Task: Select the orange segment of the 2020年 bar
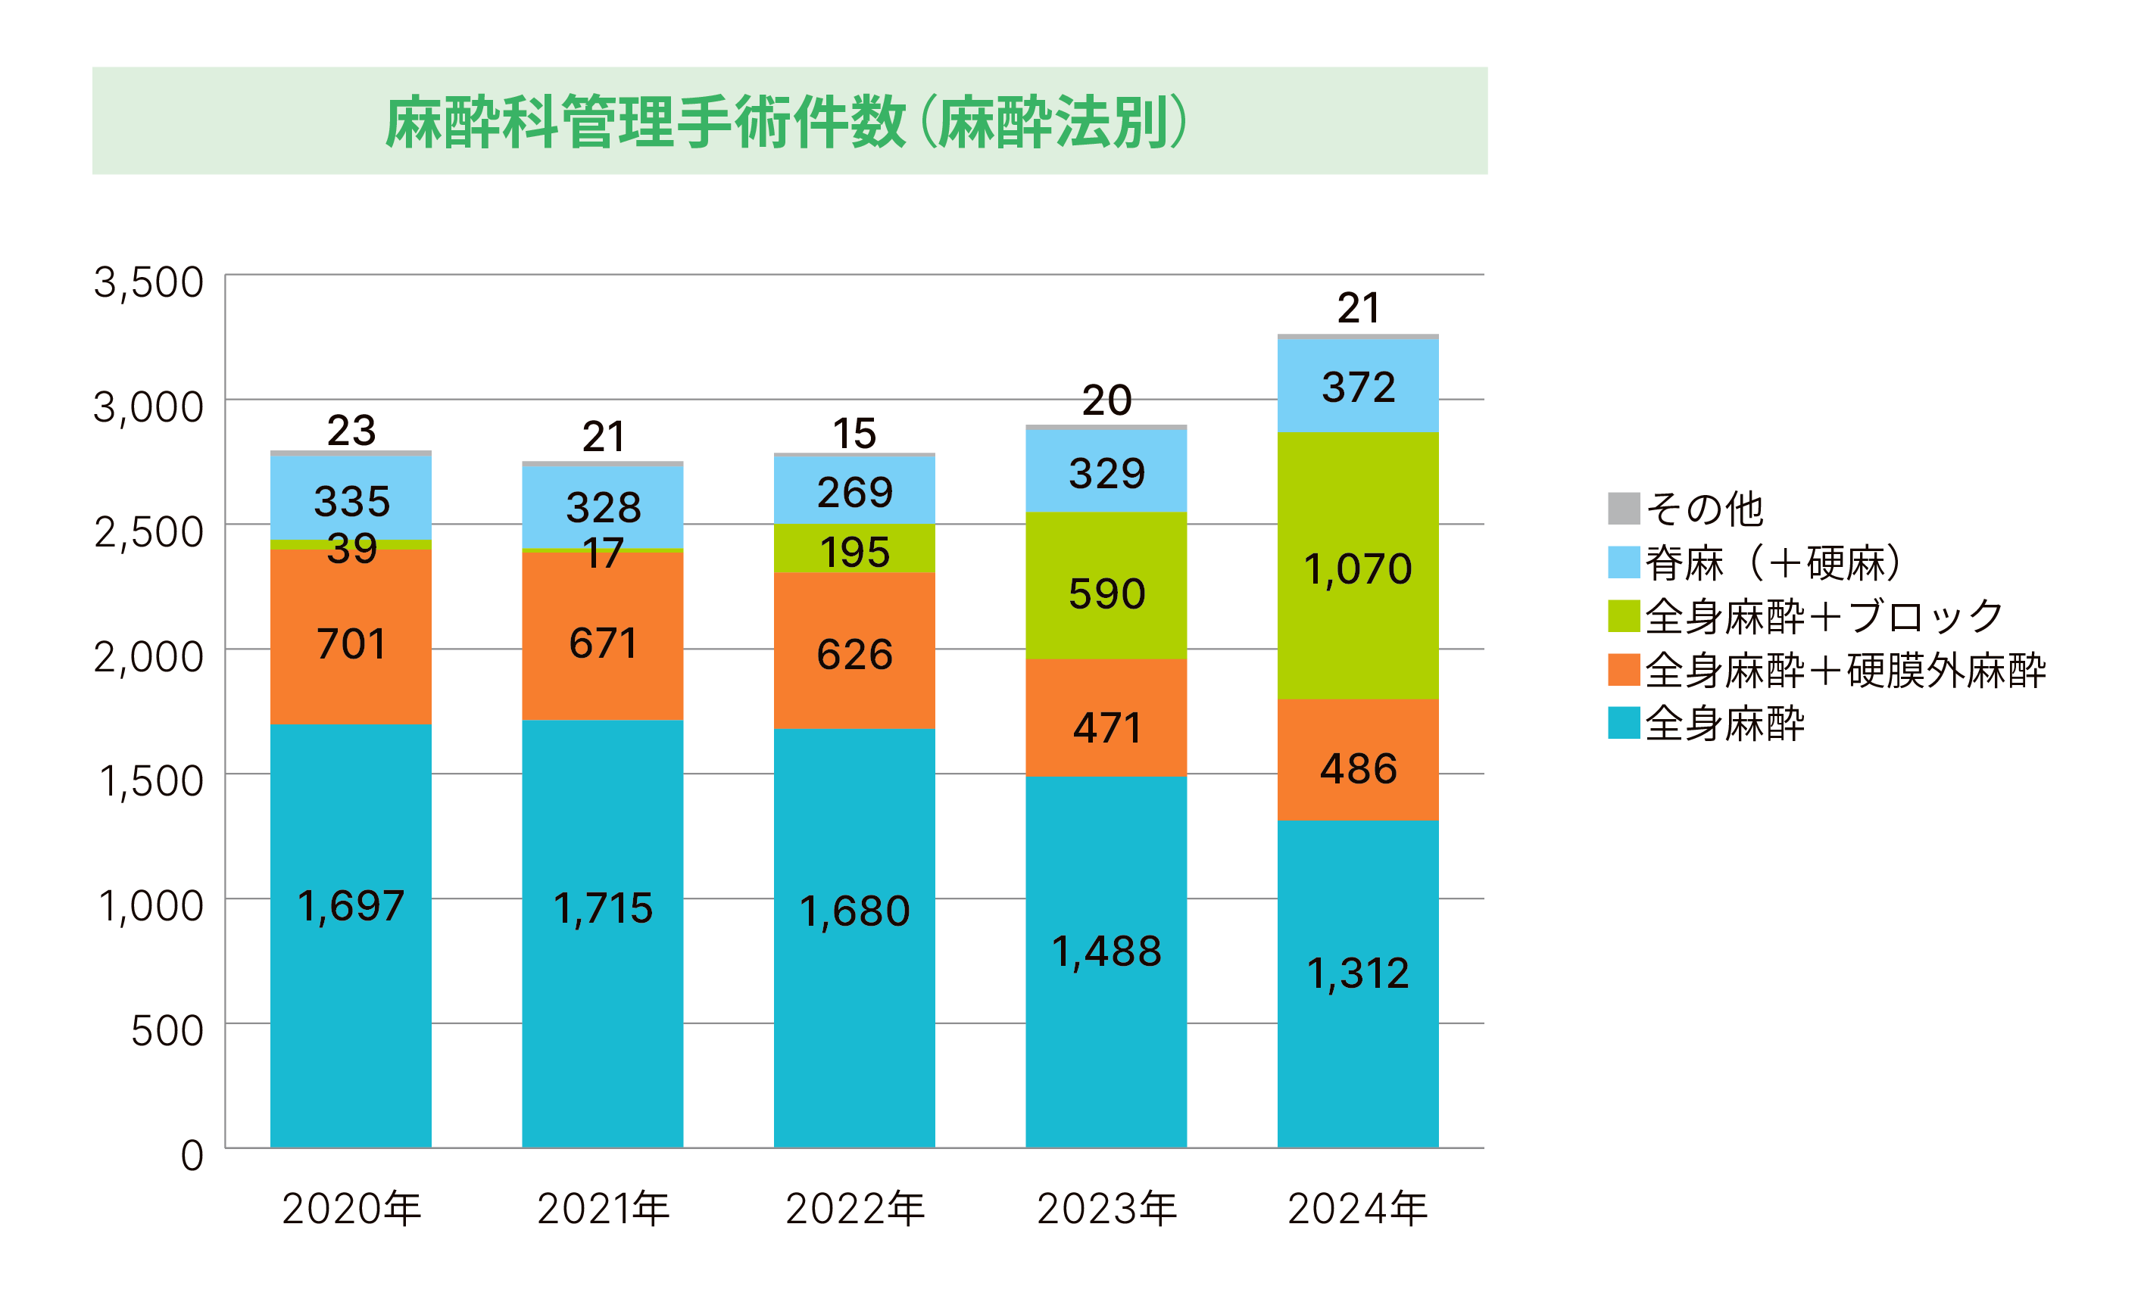point(351,636)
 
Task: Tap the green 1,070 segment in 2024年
point(1357,565)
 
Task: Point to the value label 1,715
point(602,908)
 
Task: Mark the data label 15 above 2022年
point(854,434)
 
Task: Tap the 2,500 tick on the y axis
point(148,531)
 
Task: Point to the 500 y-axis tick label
point(167,1031)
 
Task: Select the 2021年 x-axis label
point(603,1209)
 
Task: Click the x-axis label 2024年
point(1357,1209)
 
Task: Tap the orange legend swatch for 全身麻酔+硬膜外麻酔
point(1623,670)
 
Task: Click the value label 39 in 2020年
point(351,548)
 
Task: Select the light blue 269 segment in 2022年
point(854,490)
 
